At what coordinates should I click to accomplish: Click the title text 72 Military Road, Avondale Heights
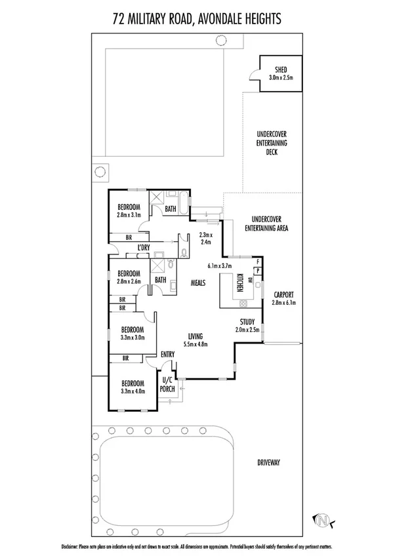197,20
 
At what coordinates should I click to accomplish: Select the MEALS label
199,282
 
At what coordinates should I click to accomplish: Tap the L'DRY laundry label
144,247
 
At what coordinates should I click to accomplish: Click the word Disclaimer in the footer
70,546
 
